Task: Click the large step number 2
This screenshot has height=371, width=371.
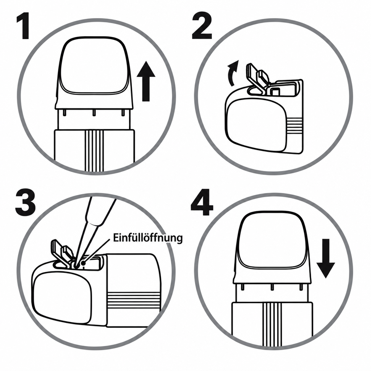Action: tap(201, 26)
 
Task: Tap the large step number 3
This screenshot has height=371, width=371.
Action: tap(25, 202)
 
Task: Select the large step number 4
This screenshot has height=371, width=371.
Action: tap(202, 202)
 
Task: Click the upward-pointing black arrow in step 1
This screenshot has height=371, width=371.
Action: tap(146, 81)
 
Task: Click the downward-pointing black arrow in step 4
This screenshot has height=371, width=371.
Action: tap(326, 258)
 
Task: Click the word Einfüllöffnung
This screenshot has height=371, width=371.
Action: tap(148, 238)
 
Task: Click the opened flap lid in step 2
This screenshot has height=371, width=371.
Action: tap(258, 79)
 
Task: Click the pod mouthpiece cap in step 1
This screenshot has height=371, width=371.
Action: tap(94, 73)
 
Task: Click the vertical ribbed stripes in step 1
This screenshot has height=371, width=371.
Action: tap(94, 150)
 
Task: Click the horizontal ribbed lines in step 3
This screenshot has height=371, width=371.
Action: tap(134, 300)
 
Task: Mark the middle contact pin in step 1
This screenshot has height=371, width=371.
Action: tap(94, 113)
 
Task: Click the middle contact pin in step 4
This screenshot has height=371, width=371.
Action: tap(272, 287)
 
